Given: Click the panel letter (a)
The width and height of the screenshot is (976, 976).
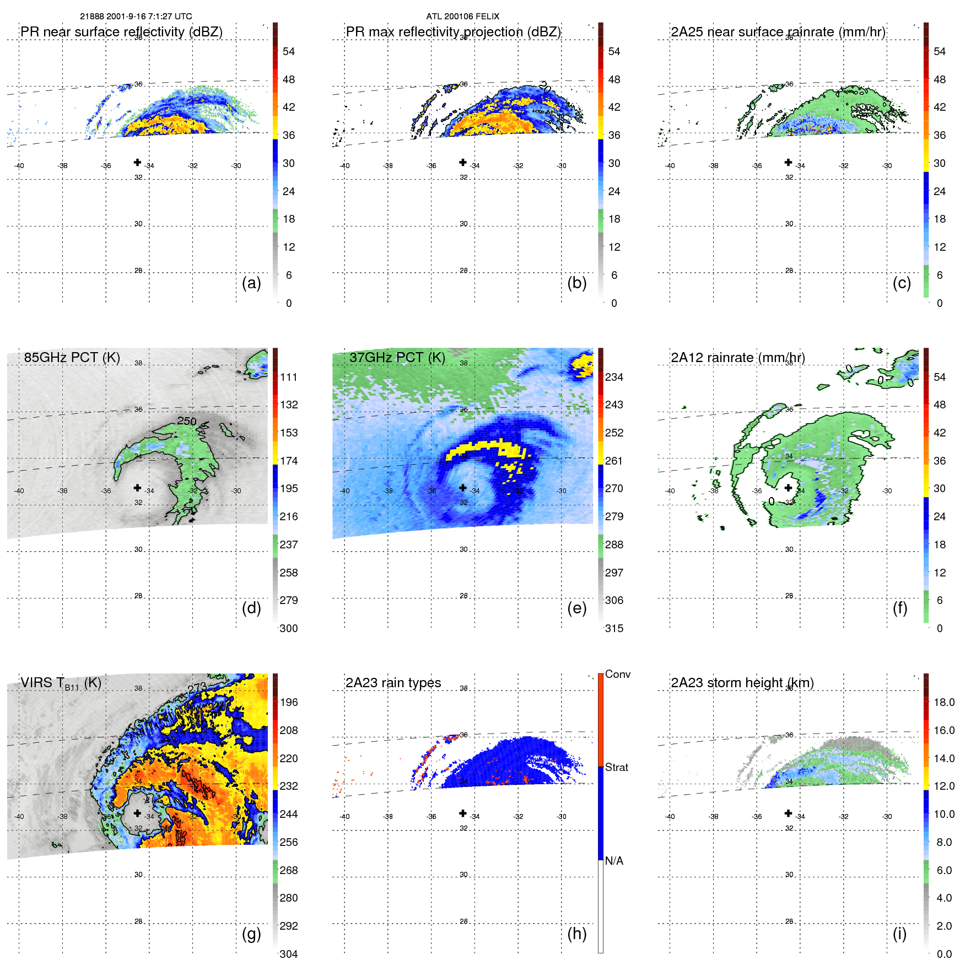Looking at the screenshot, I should click(x=251, y=283).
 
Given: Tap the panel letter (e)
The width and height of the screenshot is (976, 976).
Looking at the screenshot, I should click(x=576, y=608).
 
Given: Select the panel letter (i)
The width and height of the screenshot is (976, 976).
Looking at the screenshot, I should click(x=899, y=934).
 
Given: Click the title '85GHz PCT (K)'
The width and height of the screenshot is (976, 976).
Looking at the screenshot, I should click(x=72, y=357).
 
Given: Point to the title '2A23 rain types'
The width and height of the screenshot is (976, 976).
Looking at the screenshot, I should click(x=393, y=682).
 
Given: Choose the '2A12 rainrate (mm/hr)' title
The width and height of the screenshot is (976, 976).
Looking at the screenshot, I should click(x=737, y=357).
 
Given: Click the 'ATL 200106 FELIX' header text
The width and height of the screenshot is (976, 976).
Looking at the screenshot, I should click(x=462, y=17).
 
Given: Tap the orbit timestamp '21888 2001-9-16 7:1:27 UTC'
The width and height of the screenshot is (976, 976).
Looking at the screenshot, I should click(x=136, y=17).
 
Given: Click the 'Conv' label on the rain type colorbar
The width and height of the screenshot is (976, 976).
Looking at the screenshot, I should click(x=617, y=674).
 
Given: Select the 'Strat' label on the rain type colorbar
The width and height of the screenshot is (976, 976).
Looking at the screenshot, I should click(x=616, y=767).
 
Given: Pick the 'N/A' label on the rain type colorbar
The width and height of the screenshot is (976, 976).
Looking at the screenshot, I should click(x=614, y=861).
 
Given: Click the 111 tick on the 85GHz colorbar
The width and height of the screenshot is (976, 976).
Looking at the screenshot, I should click(x=288, y=377).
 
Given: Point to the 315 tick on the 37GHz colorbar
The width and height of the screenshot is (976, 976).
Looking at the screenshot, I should click(x=614, y=628).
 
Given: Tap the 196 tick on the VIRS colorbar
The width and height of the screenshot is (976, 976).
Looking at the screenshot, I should click(x=288, y=702).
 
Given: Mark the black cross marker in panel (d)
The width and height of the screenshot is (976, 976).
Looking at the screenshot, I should click(x=137, y=488).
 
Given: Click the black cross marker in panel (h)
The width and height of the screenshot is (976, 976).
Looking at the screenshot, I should click(x=463, y=813).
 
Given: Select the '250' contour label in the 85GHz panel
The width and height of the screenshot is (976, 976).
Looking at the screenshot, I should click(x=187, y=421).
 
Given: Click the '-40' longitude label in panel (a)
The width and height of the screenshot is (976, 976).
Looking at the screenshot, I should click(x=19, y=166).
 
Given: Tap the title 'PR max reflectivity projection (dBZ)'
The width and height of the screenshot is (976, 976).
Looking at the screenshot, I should click(x=453, y=32).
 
